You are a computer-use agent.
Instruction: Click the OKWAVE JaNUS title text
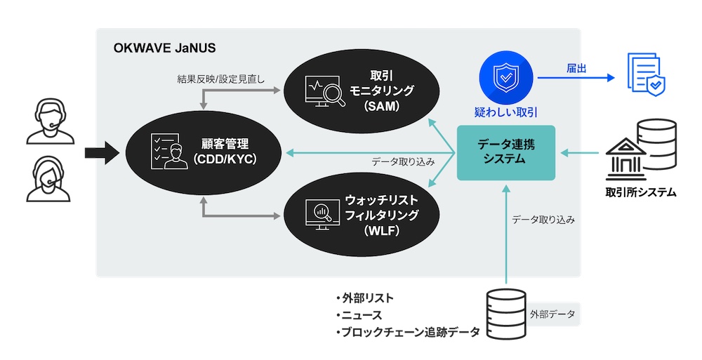[164, 48]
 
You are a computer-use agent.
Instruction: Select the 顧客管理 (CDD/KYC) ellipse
[204, 151]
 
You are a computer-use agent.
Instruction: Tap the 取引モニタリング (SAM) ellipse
[362, 91]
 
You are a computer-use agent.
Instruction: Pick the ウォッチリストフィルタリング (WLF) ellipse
[362, 214]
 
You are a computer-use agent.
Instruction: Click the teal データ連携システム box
[505, 152]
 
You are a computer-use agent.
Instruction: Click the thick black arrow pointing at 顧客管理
[101, 152]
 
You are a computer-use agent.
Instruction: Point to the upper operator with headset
[49, 120]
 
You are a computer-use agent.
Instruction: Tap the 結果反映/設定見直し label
[220, 79]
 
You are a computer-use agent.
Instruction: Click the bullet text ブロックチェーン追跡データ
[408, 333]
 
